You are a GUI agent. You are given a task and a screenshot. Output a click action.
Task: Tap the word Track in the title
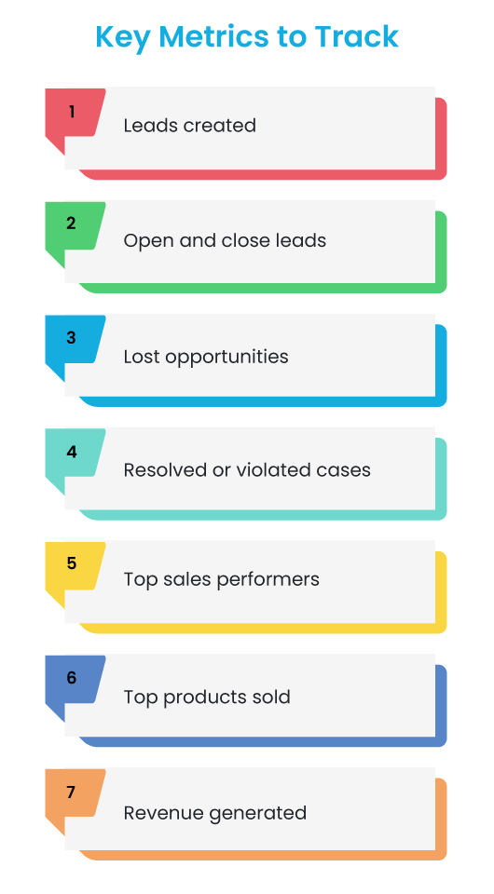pos(357,36)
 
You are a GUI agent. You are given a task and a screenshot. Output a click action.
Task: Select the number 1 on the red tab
pos(72,112)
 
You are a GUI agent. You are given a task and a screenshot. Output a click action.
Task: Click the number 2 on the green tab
pos(71,223)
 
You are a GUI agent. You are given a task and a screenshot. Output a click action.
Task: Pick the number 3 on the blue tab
pos(71,337)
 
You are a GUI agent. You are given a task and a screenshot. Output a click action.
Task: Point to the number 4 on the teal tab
pos(72,452)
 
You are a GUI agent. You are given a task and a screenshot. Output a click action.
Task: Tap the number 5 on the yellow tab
pos(72,563)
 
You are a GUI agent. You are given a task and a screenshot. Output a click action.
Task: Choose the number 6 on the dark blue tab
pos(72,677)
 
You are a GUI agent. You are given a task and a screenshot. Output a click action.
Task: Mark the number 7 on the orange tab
pos(71,792)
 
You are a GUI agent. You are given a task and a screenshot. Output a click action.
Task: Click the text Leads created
pos(190,126)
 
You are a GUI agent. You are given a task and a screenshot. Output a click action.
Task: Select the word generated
pos(257,814)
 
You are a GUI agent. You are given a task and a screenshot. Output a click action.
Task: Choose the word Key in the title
pos(123,37)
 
